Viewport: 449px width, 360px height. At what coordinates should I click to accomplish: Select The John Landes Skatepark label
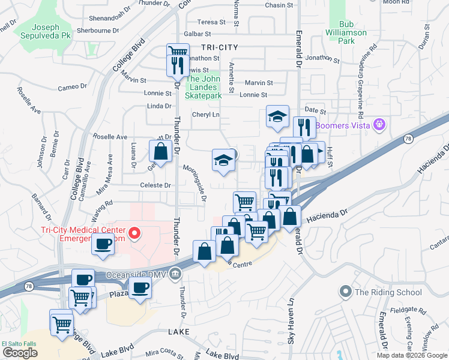pyautogui.click(x=203, y=87)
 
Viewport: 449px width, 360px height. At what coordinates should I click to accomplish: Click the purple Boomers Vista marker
pyautogui.click(x=378, y=125)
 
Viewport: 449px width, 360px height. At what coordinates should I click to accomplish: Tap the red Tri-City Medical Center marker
pyautogui.click(x=136, y=233)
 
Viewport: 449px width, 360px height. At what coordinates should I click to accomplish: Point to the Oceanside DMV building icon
pyautogui.click(x=175, y=272)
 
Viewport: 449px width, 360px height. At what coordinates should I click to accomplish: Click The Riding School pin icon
pyautogui.click(x=345, y=292)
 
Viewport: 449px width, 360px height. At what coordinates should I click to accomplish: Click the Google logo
pyautogui.click(x=20, y=352)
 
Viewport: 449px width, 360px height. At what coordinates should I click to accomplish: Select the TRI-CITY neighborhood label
pyautogui.click(x=219, y=47)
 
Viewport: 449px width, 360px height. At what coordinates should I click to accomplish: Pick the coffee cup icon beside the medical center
pyautogui.click(x=103, y=244)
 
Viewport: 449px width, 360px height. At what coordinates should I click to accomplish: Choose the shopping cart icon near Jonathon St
pyautogui.click(x=177, y=52)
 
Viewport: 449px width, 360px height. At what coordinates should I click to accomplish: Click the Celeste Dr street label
pyautogui.click(x=156, y=185)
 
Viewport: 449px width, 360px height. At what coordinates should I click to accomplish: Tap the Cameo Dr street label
pyautogui.click(x=72, y=87)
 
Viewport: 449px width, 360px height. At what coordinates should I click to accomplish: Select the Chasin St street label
pyautogui.click(x=279, y=5)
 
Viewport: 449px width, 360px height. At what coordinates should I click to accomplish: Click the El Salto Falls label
pyautogui.click(x=19, y=344)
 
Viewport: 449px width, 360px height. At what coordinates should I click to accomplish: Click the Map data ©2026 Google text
pyautogui.click(x=411, y=355)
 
